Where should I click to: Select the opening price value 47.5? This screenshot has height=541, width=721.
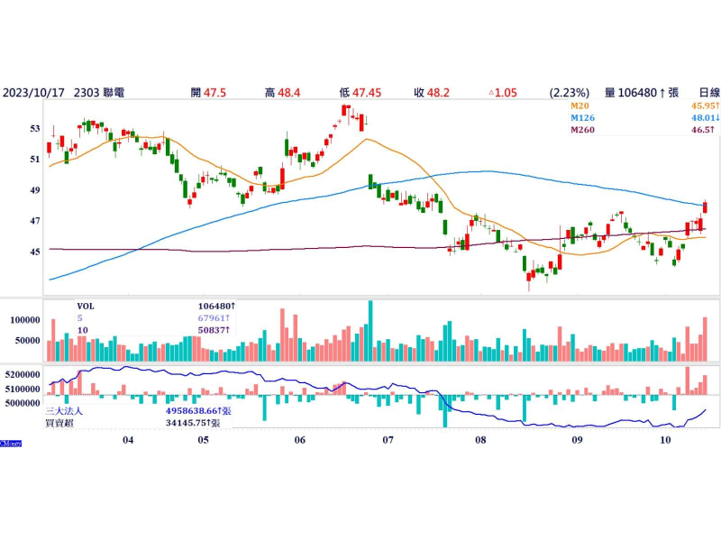(x=214, y=92)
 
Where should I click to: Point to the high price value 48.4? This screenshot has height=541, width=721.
(x=290, y=92)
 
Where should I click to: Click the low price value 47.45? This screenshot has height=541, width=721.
(x=368, y=92)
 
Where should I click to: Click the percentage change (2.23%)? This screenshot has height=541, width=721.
(x=569, y=92)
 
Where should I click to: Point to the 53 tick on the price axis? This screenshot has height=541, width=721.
(x=35, y=129)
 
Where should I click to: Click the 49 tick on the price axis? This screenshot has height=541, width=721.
(x=35, y=190)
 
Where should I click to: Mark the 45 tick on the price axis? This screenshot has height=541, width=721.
(x=35, y=252)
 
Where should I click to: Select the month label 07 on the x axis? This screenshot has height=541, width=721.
(x=388, y=439)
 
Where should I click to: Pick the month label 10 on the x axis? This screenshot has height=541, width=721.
(x=665, y=439)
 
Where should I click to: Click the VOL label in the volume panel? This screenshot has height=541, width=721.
(x=85, y=306)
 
